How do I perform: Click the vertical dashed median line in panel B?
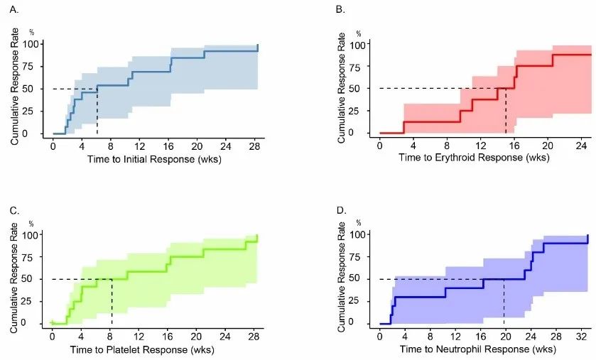click(x=505, y=111)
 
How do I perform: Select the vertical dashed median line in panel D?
click(x=504, y=301)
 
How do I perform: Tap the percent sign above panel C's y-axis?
click(x=31, y=225)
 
